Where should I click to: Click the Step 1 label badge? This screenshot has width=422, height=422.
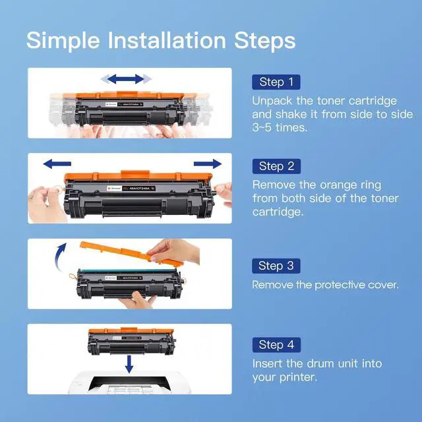pyautogui.click(x=276, y=82)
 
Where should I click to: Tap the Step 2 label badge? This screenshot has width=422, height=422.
pyautogui.click(x=276, y=166)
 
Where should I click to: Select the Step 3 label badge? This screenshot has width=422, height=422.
pyautogui.click(x=276, y=266)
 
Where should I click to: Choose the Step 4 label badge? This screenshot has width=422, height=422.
pyautogui.click(x=276, y=345)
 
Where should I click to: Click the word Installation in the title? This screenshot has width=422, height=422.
pyautogui.click(x=167, y=40)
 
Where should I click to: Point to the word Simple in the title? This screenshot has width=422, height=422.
pyautogui.click(x=63, y=41)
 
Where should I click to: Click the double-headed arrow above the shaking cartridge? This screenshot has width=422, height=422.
pyautogui.click(x=126, y=79)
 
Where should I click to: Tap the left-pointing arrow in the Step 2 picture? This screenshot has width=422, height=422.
pyautogui.click(x=57, y=164)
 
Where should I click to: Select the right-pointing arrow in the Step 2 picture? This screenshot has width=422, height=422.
pyautogui.click(x=208, y=164)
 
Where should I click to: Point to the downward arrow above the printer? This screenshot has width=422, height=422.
pyautogui.click(x=129, y=364)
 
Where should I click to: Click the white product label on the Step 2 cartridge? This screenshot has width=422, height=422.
pyautogui.click(x=114, y=189)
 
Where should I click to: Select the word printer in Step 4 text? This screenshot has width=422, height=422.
pyautogui.click(x=298, y=377)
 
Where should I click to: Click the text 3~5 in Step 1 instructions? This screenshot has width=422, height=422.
pyautogui.click(x=262, y=127)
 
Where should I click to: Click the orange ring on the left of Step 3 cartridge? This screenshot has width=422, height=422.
pyautogui.click(x=73, y=276)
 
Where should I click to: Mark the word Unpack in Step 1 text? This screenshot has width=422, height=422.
pyautogui.click(x=272, y=101)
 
